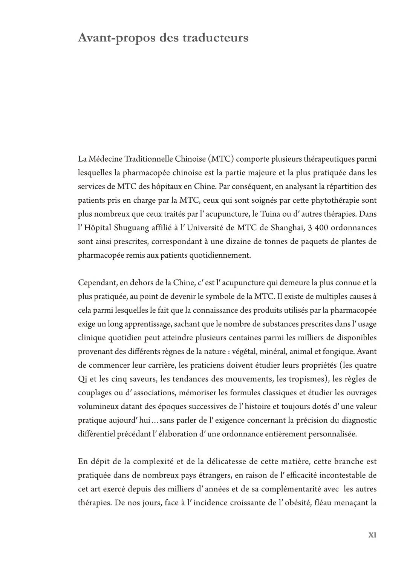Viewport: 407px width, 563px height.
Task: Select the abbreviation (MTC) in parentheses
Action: click(x=221, y=159)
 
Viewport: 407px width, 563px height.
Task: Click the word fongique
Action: click(x=338, y=351)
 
